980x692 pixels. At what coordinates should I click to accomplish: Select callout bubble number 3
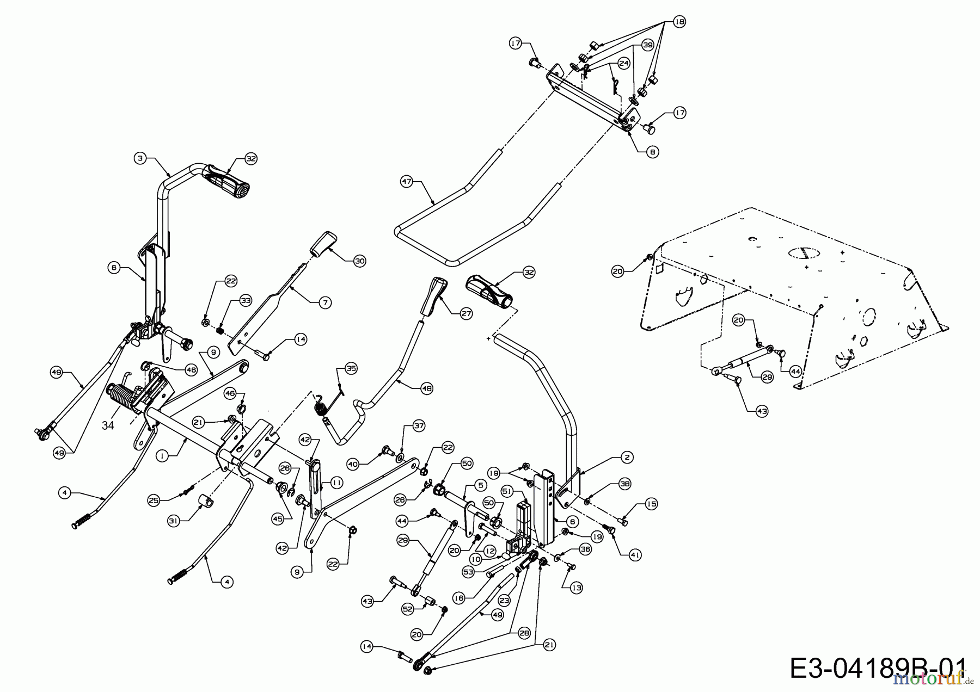[x=140, y=158]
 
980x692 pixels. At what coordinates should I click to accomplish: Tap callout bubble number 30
[x=359, y=261]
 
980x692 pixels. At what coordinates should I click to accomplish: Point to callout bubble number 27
[x=466, y=313]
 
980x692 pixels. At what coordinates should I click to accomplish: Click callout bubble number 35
[x=351, y=368]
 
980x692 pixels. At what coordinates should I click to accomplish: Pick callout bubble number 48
[x=427, y=388]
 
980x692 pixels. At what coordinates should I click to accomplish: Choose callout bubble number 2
[x=627, y=458]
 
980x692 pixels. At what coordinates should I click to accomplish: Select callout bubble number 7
[x=324, y=302]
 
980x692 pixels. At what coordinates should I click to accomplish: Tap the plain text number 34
[x=108, y=425]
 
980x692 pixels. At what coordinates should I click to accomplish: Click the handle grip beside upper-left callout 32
[x=226, y=184]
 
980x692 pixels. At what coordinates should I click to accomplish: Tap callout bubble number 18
[x=679, y=22]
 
